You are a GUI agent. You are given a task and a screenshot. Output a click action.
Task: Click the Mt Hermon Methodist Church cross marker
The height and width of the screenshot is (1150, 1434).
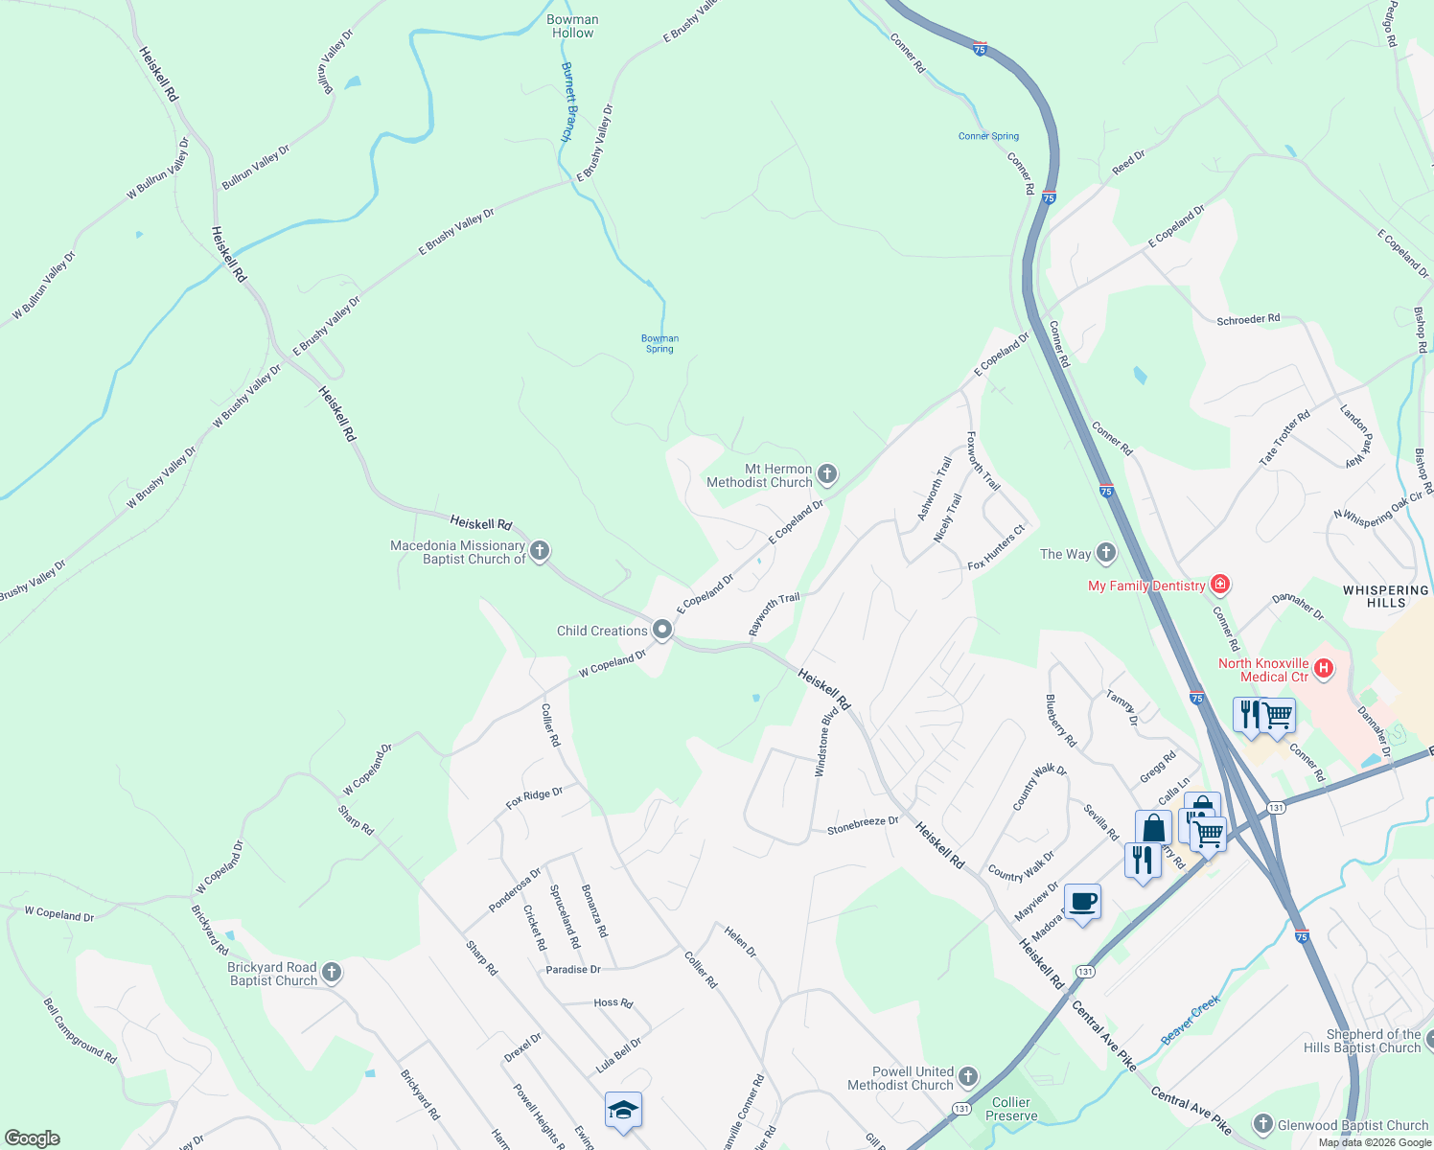[x=827, y=474]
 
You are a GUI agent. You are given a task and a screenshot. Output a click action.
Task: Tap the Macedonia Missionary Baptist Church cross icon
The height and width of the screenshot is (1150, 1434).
[x=540, y=551]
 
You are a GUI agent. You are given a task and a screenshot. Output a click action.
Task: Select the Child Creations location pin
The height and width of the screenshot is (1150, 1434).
[x=661, y=630]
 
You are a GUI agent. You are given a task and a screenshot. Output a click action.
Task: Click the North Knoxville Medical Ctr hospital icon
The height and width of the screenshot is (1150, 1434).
[x=1324, y=668]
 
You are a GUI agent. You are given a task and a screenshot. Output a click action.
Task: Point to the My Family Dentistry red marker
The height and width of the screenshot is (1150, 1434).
[x=1220, y=584]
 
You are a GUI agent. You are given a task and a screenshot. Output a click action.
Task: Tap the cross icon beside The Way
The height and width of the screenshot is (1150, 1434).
[x=1106, y=553]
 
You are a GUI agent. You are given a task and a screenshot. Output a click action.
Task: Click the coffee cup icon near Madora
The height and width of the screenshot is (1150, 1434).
[x=1082, y=903]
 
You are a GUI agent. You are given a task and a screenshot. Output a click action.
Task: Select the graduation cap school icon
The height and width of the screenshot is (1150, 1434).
[x=623, y=1111]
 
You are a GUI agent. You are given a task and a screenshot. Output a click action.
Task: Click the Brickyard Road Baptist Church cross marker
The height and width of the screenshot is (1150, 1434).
[x=331, y=973]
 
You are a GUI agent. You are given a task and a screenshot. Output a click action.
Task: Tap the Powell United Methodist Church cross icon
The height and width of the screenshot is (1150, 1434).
[x=967, y=1077]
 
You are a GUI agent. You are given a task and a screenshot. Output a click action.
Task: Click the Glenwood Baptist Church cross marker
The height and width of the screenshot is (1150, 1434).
[x=1262, y=1124]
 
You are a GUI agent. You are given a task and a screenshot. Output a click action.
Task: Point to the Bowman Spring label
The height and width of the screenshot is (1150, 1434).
[x=659, y=343]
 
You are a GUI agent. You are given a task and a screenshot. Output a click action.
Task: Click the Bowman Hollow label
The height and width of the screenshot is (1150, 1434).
[x=572, y=26]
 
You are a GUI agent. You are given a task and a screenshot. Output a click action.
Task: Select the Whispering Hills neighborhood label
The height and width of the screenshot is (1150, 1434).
[x=1385, y=596]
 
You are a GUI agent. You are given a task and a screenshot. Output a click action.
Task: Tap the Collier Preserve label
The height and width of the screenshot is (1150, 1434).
[x=1011, y=1109]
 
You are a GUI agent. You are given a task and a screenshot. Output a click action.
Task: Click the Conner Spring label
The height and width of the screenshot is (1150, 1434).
[x=988, y=136]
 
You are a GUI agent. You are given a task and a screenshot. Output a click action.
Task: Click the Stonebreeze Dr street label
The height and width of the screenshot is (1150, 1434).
[x=863, y=824]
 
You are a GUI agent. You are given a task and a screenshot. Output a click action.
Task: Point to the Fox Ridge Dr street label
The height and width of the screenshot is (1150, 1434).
[x=534, y=798]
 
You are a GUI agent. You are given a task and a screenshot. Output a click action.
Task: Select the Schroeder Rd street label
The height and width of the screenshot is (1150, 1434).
[x=1248, y=319]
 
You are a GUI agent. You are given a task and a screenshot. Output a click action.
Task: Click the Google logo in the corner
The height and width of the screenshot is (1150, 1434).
[x=33, y=1138]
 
